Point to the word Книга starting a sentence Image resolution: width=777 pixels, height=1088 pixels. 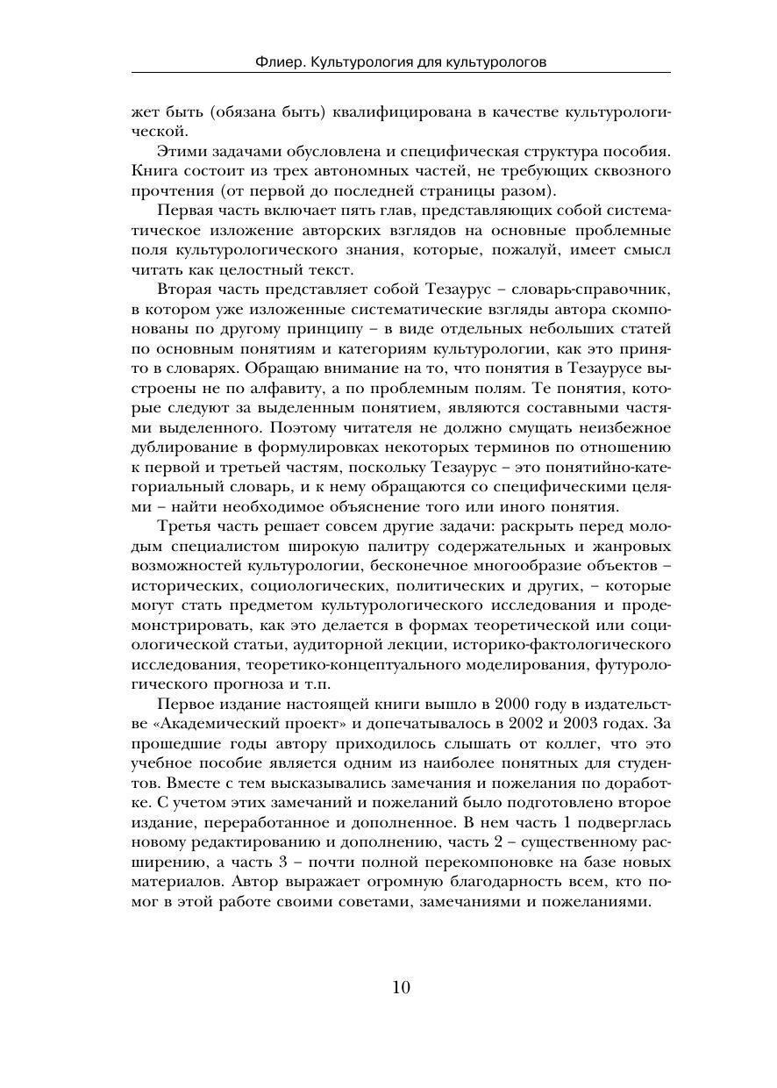click(153, 169)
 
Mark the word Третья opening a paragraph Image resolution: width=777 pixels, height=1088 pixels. click(186, 526)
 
